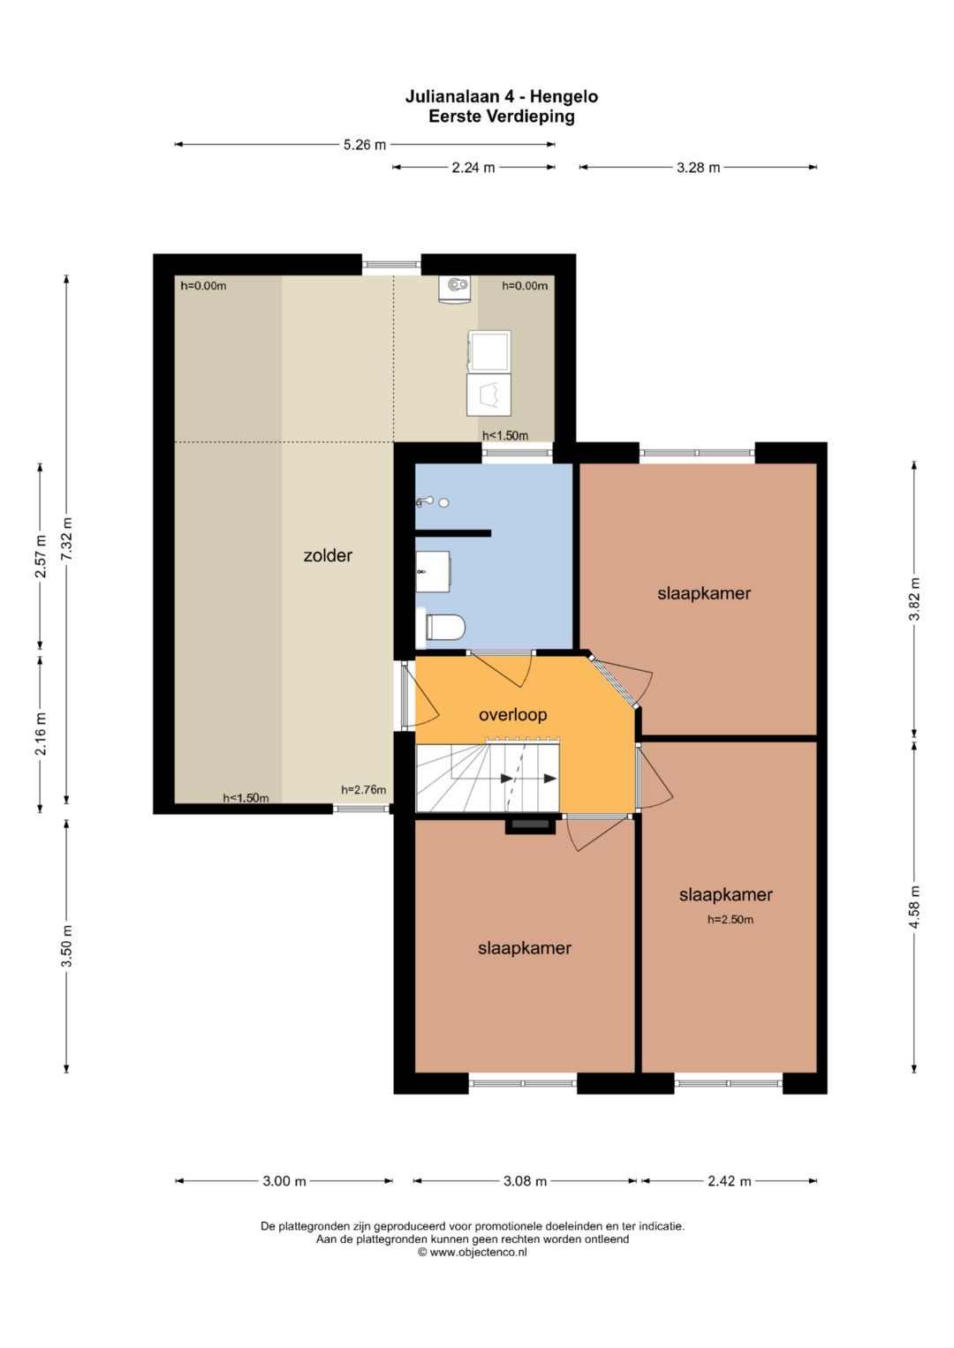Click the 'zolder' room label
click(328, 555)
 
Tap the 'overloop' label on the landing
click(512, 715)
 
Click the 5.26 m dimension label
click(364, 145)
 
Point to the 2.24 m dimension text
click(473, 168)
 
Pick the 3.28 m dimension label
click(698, 168)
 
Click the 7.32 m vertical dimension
click(66, 539)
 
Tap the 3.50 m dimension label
click(66, 945)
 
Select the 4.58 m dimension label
click(914, 907)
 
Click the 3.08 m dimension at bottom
click(525, 1181)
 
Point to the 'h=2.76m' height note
click(363, 790)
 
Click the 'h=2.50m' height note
click(730, 920)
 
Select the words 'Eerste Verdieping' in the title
click(502, 117)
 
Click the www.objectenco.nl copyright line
click(473, 1253)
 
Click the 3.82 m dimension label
click(914, 599)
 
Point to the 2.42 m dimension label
click(730, 1181)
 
